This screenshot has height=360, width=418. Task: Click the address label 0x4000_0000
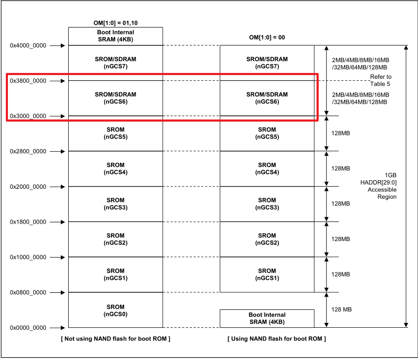click(x=28, y=45)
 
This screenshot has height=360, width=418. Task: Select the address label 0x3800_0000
click(x=28, y=81)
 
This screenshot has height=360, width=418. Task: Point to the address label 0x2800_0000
click(x=28, y=151)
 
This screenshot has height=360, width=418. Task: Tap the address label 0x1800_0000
click(x=28, y=222)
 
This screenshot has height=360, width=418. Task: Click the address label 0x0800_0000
click(x=28, y=292)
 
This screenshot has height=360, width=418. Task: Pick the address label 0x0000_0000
click(x=28, y=328)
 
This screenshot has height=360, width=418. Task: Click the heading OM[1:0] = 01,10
click(x=115, y=23)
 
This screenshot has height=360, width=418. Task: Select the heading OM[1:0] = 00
click(x=267, y=38)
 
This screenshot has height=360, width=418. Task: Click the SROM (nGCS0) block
click(x=115, y=310)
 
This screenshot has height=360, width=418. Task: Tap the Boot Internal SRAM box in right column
click(x=267, y=318)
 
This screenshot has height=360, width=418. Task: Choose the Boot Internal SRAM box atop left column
click(x=115, y=36)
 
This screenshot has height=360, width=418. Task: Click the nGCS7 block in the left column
click(x=115, y=63)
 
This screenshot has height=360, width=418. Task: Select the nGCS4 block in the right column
click(x=267, y=169)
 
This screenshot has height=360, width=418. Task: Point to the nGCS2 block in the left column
click(x=115, y=239)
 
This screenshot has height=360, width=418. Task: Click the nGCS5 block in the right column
click(x=267, y=133)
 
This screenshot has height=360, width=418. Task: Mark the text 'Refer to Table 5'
click(x=380, y=80)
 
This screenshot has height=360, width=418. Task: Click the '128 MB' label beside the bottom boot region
click(x=341, y=309)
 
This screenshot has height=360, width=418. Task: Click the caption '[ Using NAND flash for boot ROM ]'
click(x=276, y=338)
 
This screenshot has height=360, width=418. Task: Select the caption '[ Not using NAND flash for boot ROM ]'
click(x=115, y=338)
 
